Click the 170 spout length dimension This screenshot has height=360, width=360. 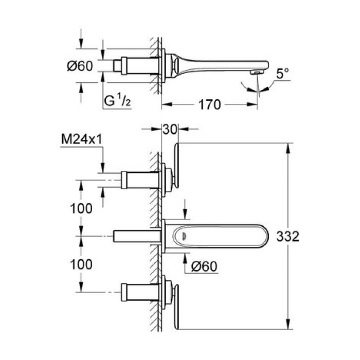(x=209, y=105)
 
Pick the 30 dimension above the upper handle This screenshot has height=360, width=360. (x=169, y=130)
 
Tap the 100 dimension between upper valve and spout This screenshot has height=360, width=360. (x=82, y=208)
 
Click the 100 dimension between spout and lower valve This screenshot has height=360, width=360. (x=82, y=264)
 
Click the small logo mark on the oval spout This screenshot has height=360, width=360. (x=182, y=236)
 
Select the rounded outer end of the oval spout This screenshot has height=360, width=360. (x=260, y=236)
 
